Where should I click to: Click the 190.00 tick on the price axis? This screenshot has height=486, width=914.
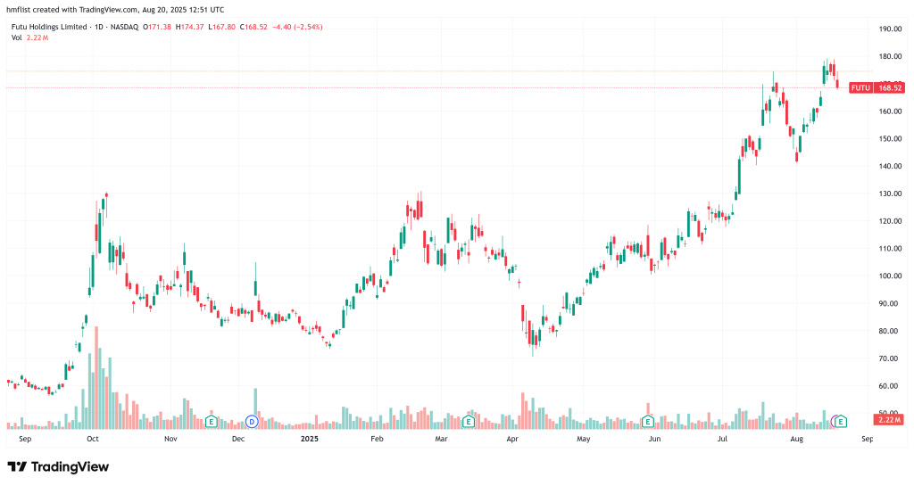[x=889, y=29]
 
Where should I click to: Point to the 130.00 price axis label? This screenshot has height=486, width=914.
[x=889, y=194]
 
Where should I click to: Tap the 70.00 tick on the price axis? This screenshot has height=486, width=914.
[x=887, y=358]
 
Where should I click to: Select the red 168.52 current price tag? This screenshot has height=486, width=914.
[x=891, y=88]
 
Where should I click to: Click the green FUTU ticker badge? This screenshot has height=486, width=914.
[x=860, y=88]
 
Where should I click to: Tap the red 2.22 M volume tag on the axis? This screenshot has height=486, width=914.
[x=890, y=420]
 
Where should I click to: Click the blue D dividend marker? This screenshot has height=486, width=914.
[x=251, y=420]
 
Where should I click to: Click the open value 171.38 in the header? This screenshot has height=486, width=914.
[x=161, y=27]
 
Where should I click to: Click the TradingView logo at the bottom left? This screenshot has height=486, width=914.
[x=58, y=466]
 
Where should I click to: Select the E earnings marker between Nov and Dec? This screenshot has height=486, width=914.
[x=212, y=420]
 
